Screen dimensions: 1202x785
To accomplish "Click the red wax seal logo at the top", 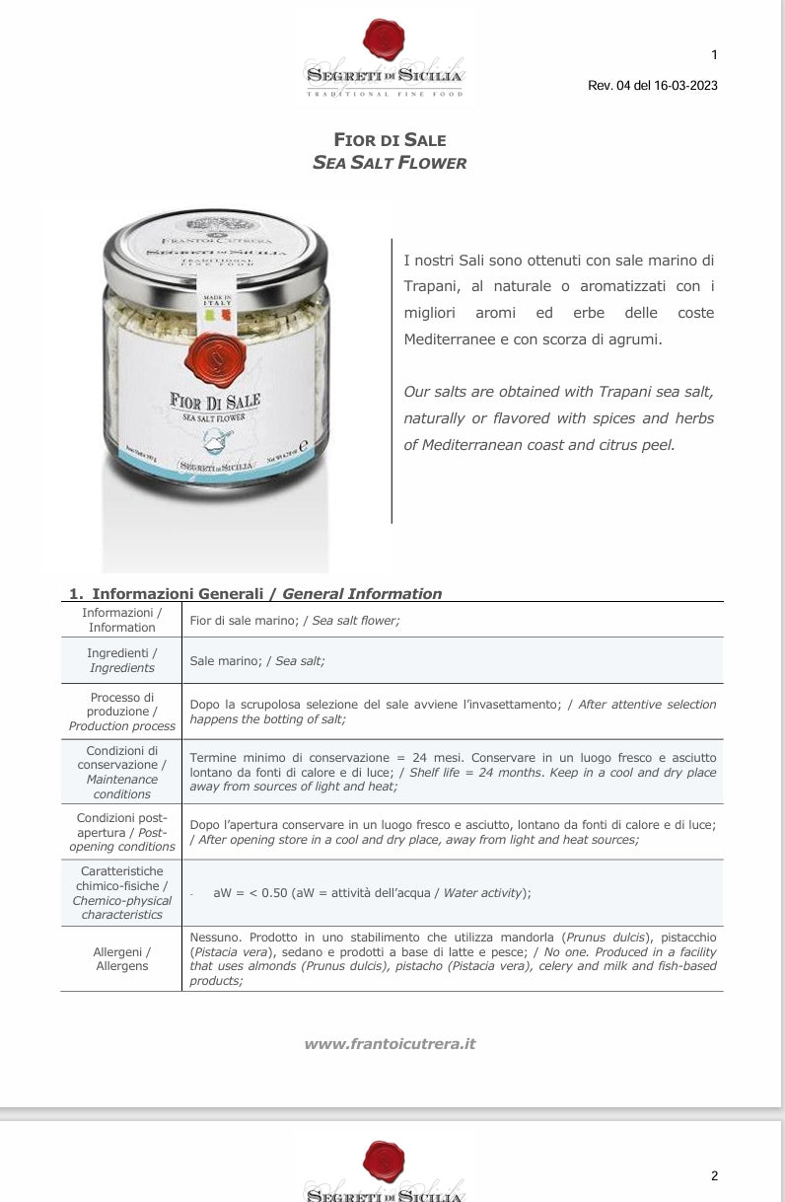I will click(x=384, y=40).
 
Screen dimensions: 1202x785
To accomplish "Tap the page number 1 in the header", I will click(x=714, y=54).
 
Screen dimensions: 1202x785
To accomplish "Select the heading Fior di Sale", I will click(x=390, y=140).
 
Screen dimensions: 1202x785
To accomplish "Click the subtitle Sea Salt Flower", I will click(x=390, y=163).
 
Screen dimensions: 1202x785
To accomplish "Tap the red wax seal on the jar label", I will click(x=213, y=357).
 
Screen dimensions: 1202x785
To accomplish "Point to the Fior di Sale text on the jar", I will click(x=214, y=402).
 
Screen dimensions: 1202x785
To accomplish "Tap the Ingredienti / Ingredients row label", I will click(x=121, y=660).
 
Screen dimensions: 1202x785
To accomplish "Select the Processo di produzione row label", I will click(x=121, y=712).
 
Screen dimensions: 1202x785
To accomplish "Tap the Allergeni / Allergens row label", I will click(x=121, y=958).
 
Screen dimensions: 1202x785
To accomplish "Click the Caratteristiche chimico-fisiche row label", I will click(x=121, y=892).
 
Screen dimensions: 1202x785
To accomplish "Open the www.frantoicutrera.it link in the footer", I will click(x=390, y=1043).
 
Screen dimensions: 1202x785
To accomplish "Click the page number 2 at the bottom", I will click(x=714, y=1175).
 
